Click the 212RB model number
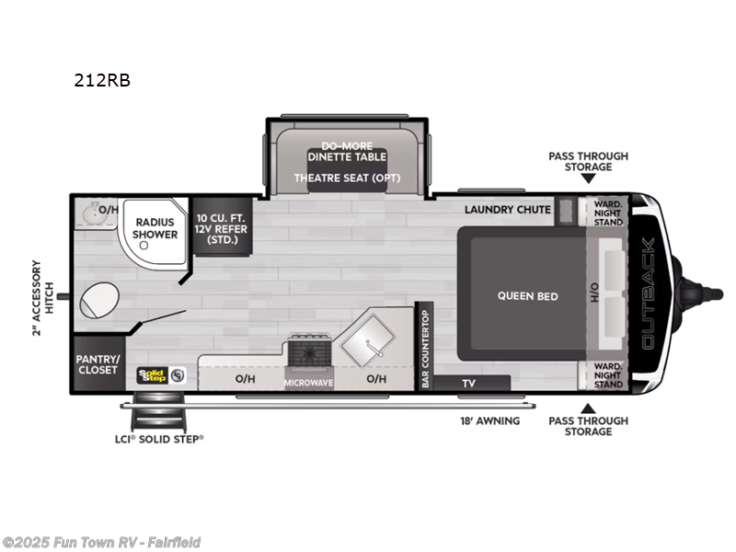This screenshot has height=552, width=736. (x=102, y=80)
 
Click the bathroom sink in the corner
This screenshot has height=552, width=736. (x=89, y=211)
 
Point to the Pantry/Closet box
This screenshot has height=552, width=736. (x=98, y=363)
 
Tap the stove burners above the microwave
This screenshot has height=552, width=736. (x=307, y=351)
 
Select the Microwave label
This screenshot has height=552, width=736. (x=308, y=382)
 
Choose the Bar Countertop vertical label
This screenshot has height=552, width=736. (x=425, y=348)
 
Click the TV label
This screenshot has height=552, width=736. (x=468, y=383)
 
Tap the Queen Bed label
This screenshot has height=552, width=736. (x=528, y=296)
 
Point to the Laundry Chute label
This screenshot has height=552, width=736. (x=507, y=210)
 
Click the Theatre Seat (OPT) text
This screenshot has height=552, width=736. (x=347, y=178)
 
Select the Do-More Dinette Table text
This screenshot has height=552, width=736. (x=347, y=151)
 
